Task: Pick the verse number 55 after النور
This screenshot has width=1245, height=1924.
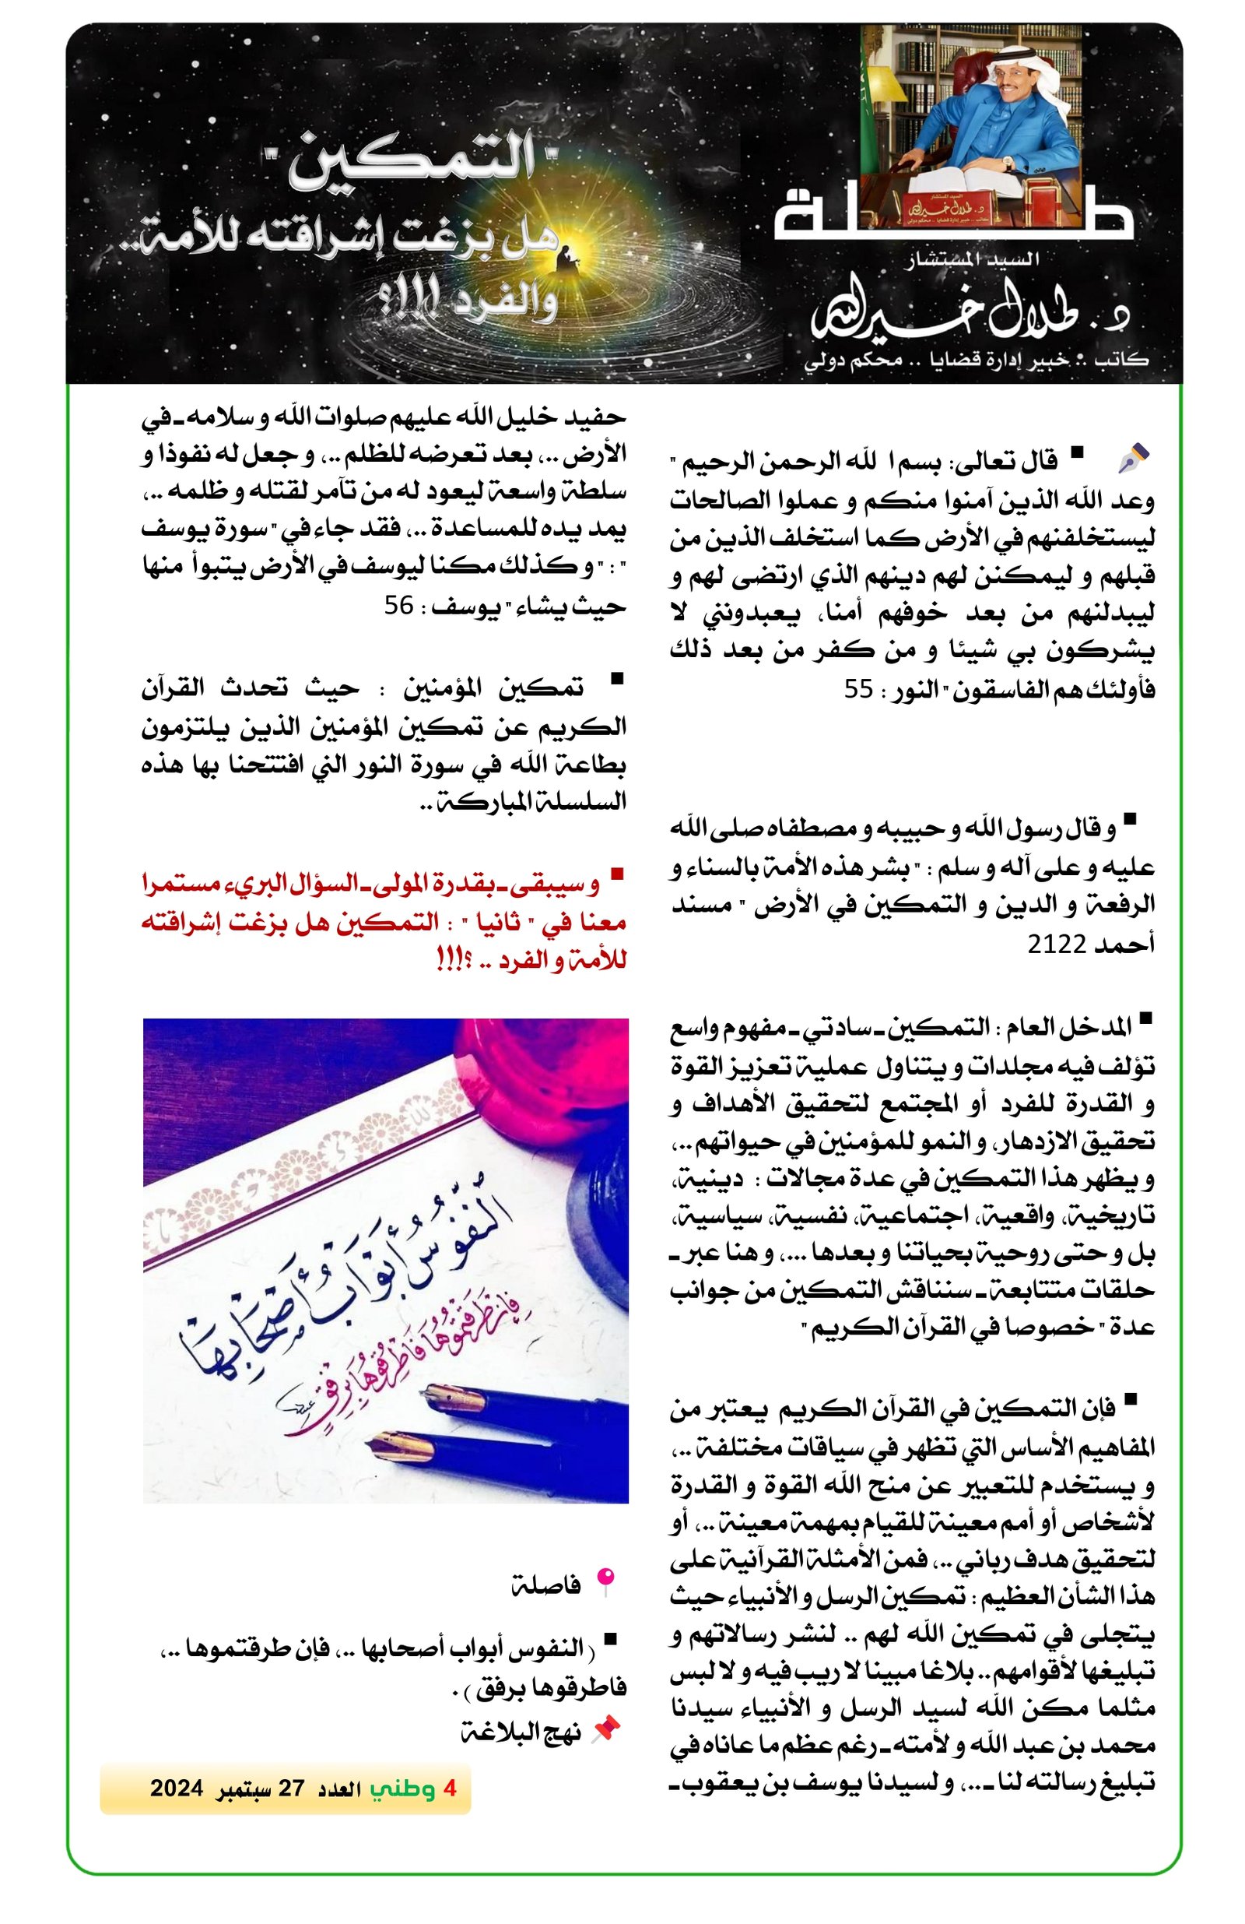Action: coord(861,690)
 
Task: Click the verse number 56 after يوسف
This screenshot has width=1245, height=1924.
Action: coord(399,605)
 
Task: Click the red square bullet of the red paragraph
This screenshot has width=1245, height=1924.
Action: coord(617,874)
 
